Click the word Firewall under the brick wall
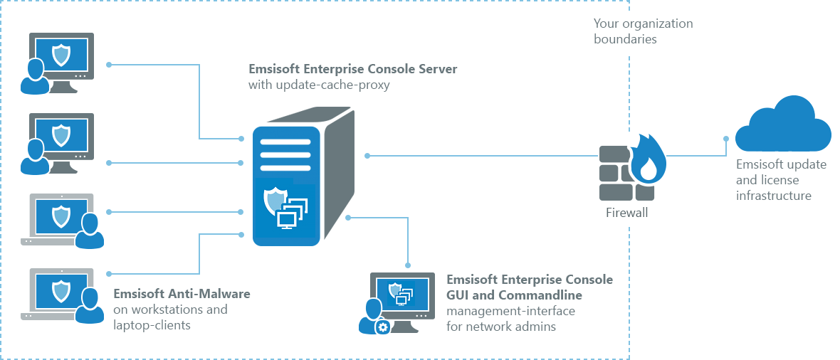click(626, 213)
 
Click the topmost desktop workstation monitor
click(61, 56)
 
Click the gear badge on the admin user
click(382, 327)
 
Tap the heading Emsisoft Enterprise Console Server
click(353, 70)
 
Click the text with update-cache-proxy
click(319, 85)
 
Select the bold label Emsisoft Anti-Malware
click(182, 294)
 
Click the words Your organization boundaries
click(643, 31)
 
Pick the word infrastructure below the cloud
click(774, 196)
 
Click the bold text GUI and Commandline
click(514, 295)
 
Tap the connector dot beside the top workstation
click(109, 65)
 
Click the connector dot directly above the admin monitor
click(408, 265)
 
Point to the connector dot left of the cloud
click(726, 139)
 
